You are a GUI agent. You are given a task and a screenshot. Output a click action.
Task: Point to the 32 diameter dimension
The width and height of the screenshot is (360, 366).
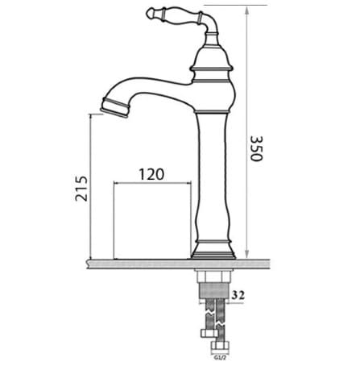pos(239,296)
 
